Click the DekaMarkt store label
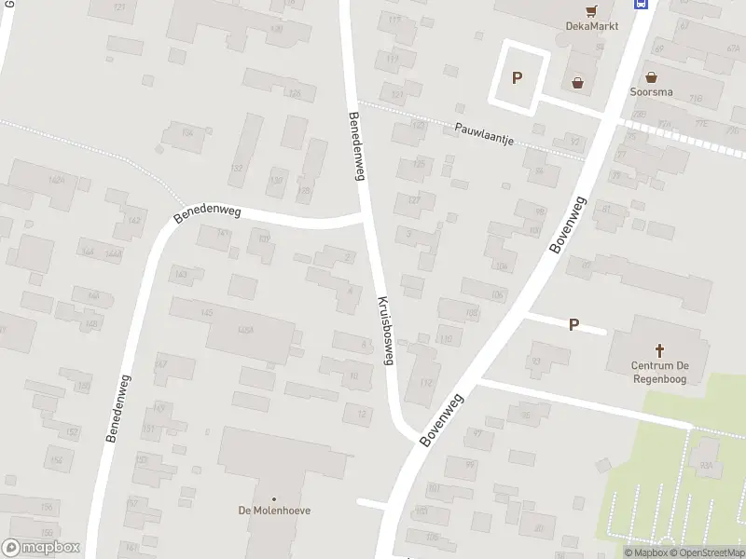pos(592,26)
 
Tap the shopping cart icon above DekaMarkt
pos(591,11)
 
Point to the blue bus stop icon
pos(641,4)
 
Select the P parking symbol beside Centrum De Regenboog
pos(573,325)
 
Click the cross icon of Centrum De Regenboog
pos(660,350)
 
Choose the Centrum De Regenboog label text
pos(660,373)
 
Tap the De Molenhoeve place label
pos(274,511)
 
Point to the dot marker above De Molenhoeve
pos(274,498)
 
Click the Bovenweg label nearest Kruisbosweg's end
pos(441,418)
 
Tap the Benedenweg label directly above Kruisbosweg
pos(356,147)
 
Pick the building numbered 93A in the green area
pos(706,465)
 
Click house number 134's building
pos(188,134)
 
